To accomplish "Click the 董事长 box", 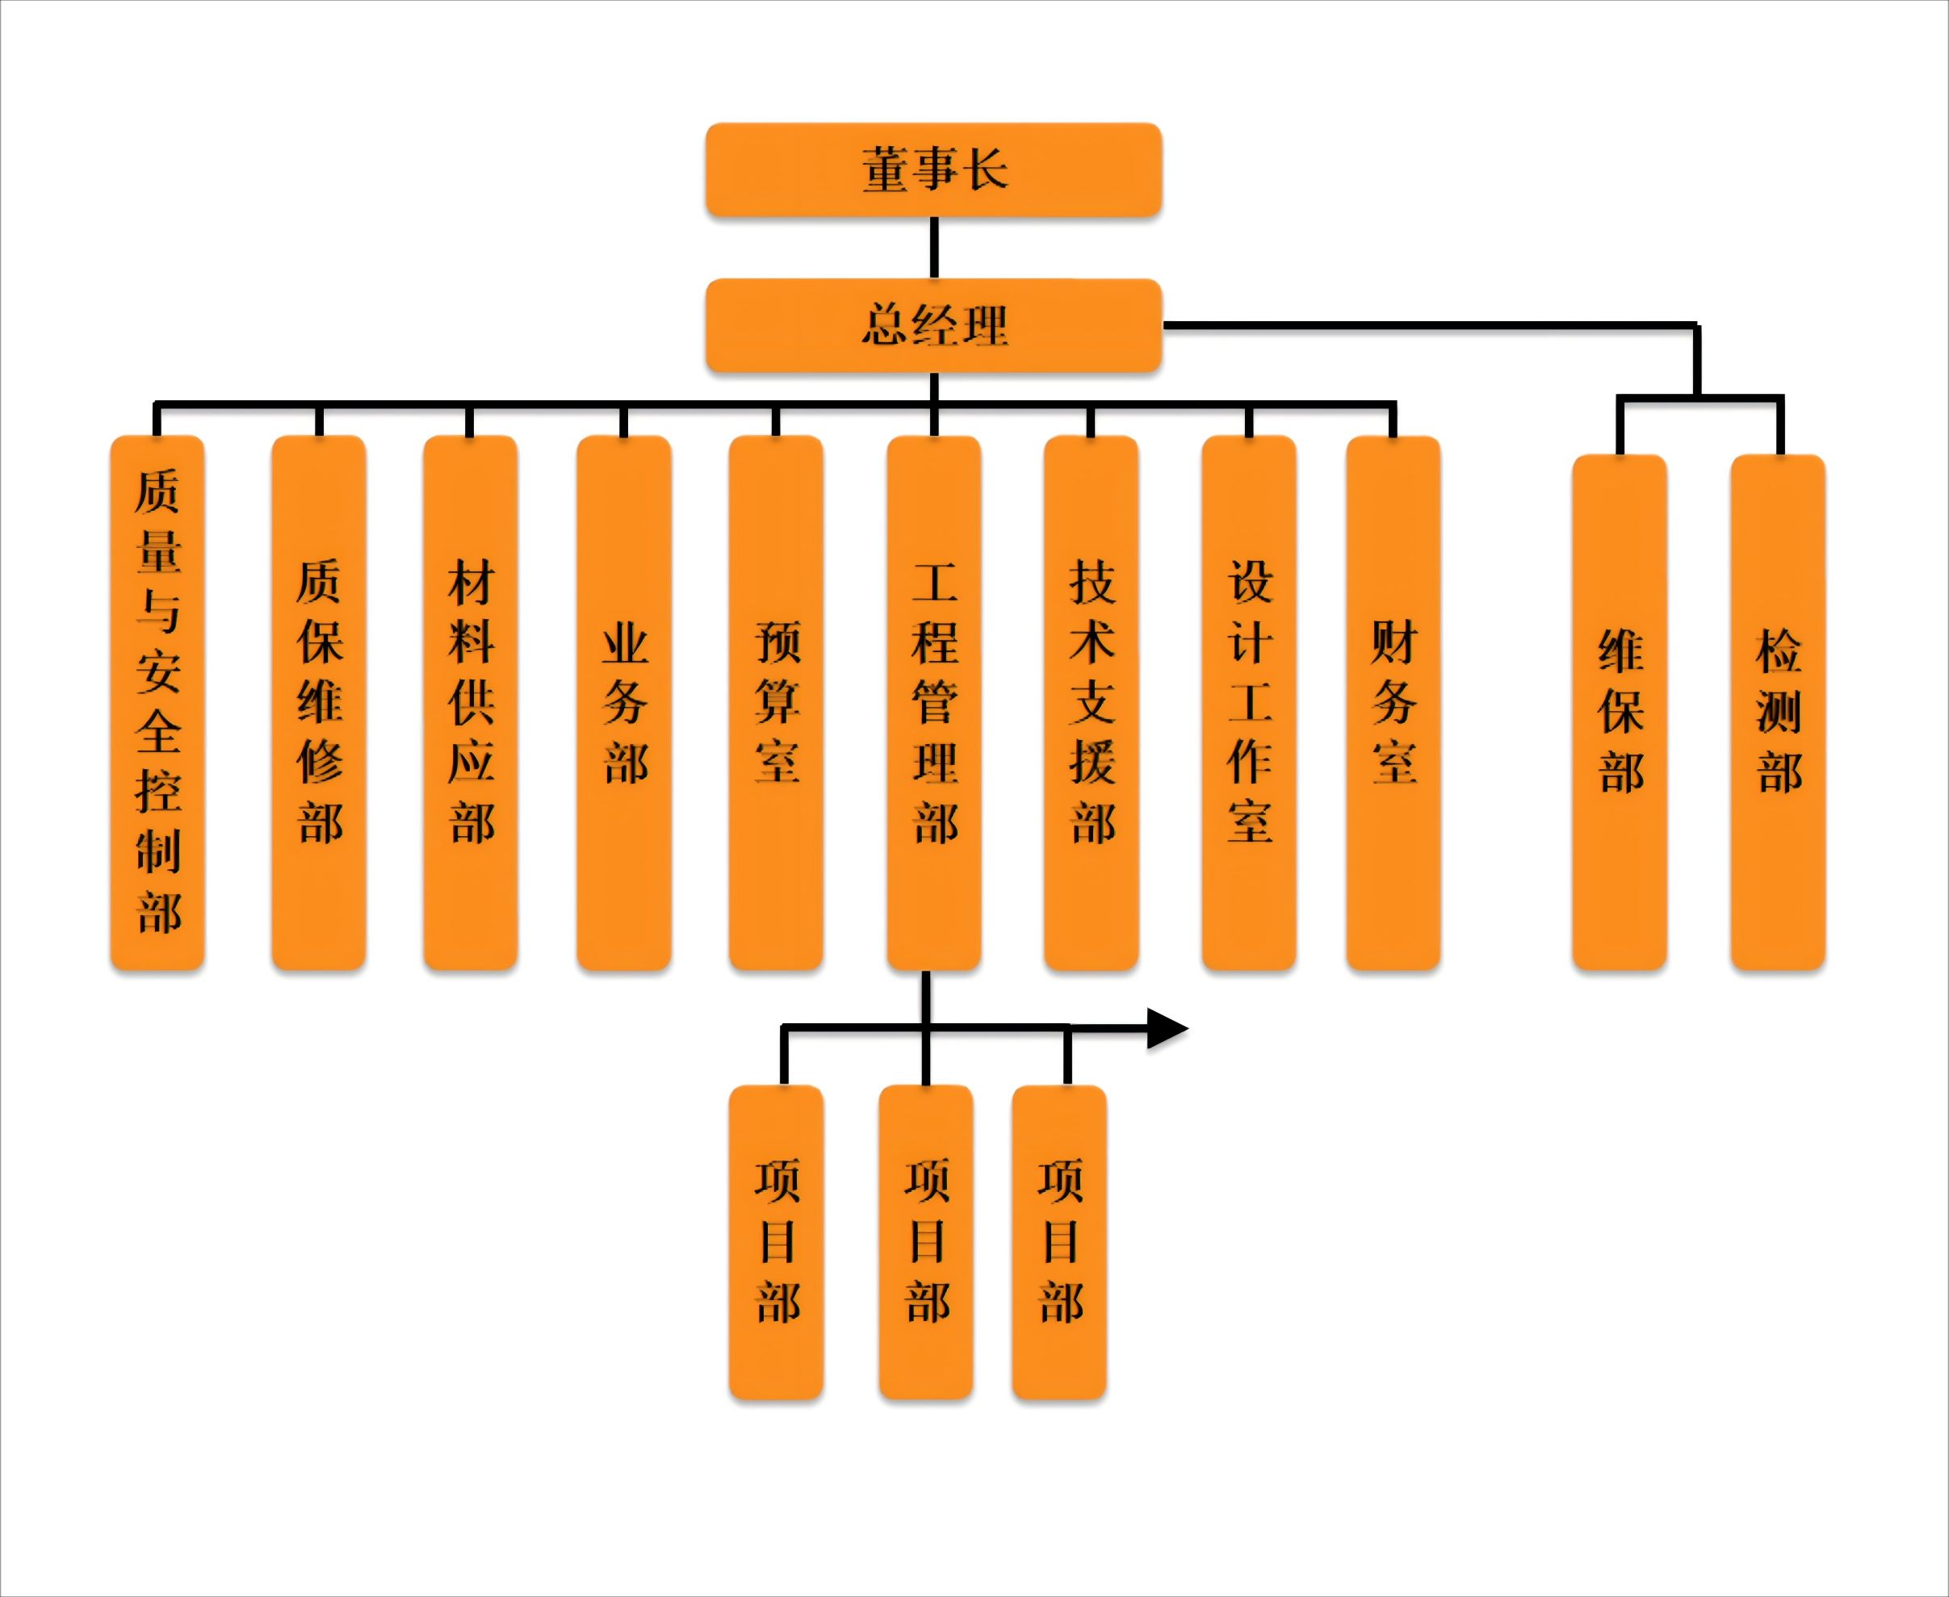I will coord(933,170).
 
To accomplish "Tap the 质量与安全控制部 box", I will coord(157,702).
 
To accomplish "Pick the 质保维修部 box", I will coord(318,702).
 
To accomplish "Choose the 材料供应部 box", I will coord(470,702).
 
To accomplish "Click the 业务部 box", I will coord(624,702).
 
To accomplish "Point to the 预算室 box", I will coord(776,702).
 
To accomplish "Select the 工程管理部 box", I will coord(933,702).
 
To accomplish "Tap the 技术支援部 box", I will coord(1091,702).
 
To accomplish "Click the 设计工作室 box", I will coord(1249,702).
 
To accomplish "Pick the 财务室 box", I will coord(1392,702).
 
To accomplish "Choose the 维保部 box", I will coord(1619,711).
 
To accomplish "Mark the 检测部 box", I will coord(1777,711).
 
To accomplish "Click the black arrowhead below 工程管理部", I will coord(1166,1028).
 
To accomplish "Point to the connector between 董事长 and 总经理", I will coord(934,248).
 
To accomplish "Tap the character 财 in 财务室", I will coord(1392,642).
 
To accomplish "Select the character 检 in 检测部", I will coord(1778,651).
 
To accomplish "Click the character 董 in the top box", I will coord(885,171).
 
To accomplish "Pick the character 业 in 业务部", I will coord(625,643).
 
